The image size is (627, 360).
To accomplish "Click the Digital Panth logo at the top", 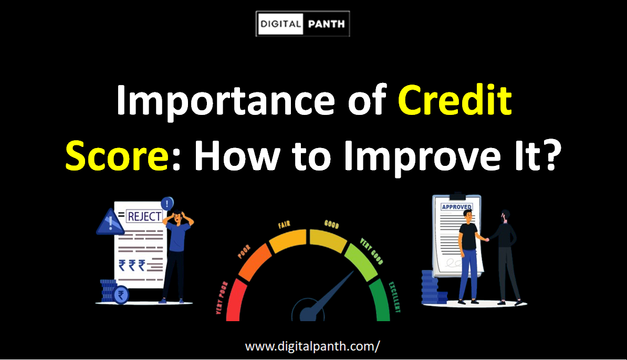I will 302,24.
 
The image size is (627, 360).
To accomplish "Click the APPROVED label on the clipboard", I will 456,207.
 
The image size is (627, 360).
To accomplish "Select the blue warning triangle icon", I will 110,223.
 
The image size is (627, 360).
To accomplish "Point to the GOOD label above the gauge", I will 331,226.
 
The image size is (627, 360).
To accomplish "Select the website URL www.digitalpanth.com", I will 312,346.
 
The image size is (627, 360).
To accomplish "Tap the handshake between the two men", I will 487,239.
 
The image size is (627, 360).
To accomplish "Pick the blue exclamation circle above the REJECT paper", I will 168,203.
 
